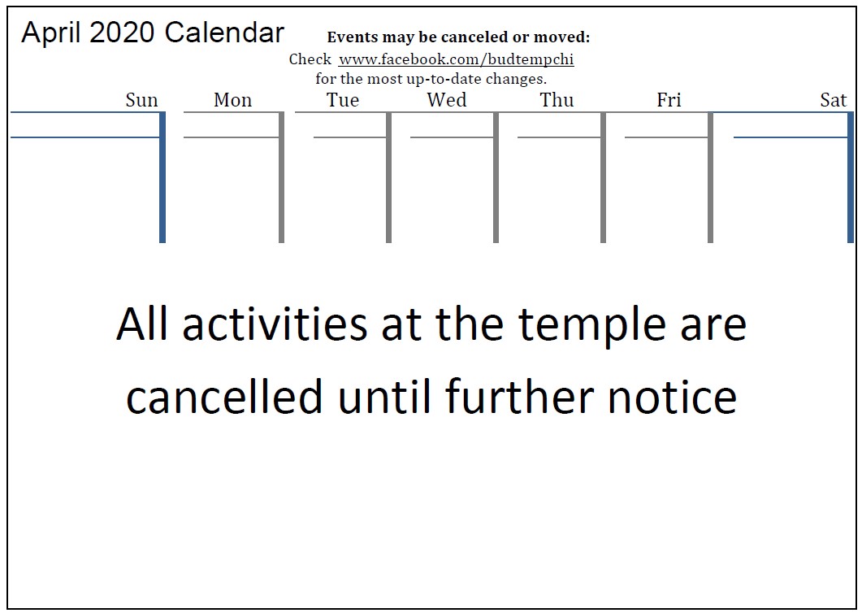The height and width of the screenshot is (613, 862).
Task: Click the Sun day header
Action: (x=141, y=100)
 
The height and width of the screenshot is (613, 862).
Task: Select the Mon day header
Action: (x=232, y=100)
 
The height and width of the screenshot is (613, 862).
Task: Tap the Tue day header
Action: (x=343, y=100)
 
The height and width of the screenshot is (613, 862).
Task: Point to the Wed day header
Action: (x=446, y=100)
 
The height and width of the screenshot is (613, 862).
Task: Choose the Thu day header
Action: (x=557, y=100)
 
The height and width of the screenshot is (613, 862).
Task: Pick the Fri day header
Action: (x=669, y=100)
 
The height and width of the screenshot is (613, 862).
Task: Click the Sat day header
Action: (x=833, y=100)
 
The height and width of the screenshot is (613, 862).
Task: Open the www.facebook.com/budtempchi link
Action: (x=456, y=59)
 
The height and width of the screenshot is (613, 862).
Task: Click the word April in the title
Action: (x=52, y=33)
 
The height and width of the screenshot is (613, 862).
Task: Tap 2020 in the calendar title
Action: (x=122, y=33)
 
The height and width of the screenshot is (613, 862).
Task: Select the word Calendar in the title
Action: (x=224, y=33)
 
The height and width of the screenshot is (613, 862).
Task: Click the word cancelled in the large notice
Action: (x=224, y=396)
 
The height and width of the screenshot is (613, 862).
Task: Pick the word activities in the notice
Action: (x=275, y=324)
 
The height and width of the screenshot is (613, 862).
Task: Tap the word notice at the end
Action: (x=673, y=396)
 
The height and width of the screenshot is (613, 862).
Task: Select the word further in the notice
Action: (x=520, y=396)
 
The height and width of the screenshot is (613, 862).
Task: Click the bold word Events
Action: (x=353, y=37)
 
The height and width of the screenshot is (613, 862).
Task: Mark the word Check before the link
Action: (x=310, y=59)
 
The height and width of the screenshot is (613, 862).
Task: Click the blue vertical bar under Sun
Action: (x=162, y=177)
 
